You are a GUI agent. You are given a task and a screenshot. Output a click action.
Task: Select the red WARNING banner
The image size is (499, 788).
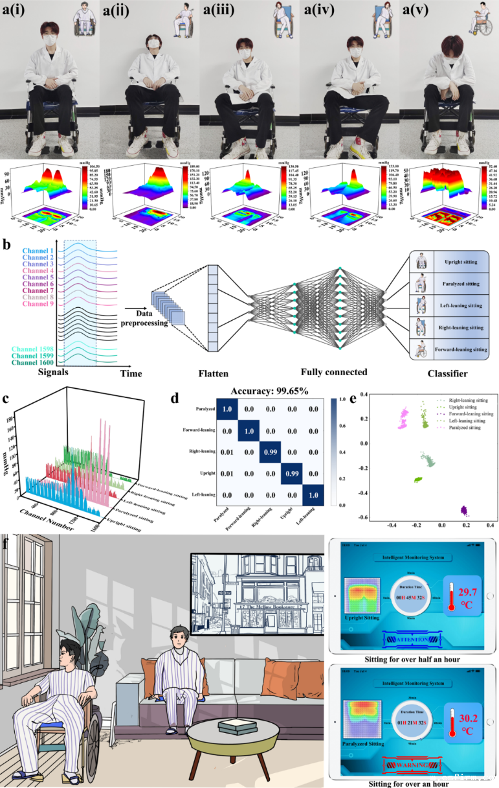tap(414, 765)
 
